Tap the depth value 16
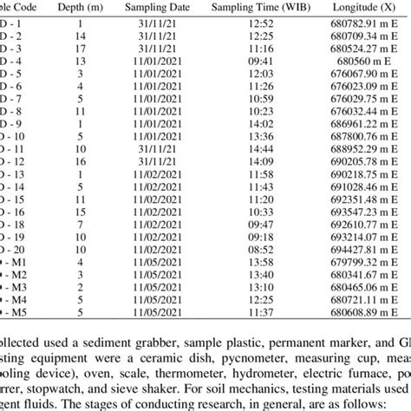pyautogui.click(x=80, y=161)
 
